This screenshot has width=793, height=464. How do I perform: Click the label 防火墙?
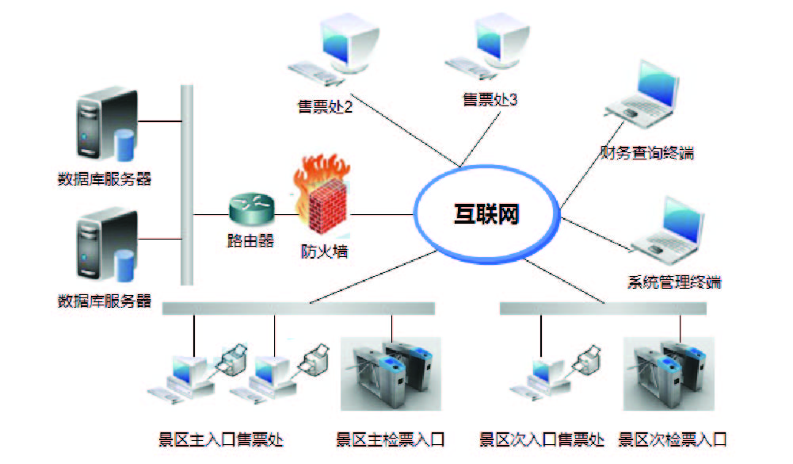point(325,253)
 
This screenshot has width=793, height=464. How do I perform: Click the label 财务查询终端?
point(647,153)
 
